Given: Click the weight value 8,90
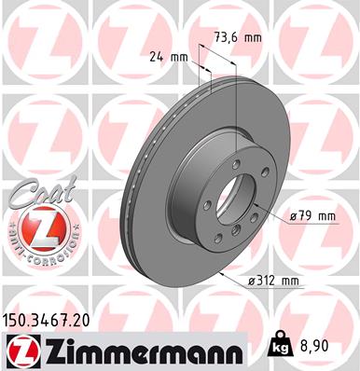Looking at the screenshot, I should pyautogui.click(x=330, y=345).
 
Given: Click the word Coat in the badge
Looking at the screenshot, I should pyautogui.click(x=35, y=192).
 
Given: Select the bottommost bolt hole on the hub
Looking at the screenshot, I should pyautogui.click(x=237, y=240).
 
